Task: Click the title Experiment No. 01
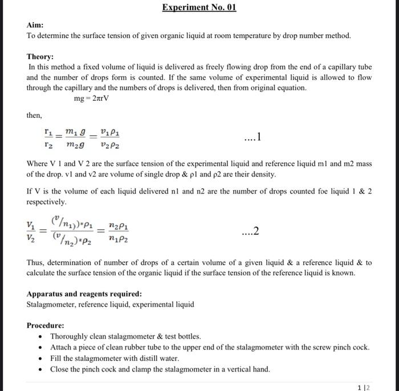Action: (199, 7)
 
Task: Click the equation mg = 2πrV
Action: (91, 98)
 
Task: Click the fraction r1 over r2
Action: (49, 137)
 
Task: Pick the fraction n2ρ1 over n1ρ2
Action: (118, 232)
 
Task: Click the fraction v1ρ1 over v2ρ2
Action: (109, 137)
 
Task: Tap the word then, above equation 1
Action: (34, 115)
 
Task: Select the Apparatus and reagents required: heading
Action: (84, 294)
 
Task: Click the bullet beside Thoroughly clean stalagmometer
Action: (39, 337)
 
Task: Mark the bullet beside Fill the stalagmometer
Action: (39, 359)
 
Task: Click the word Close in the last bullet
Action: (59, 369)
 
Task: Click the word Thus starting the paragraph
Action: (35, 262)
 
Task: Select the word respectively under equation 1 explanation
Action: (47, 202)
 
